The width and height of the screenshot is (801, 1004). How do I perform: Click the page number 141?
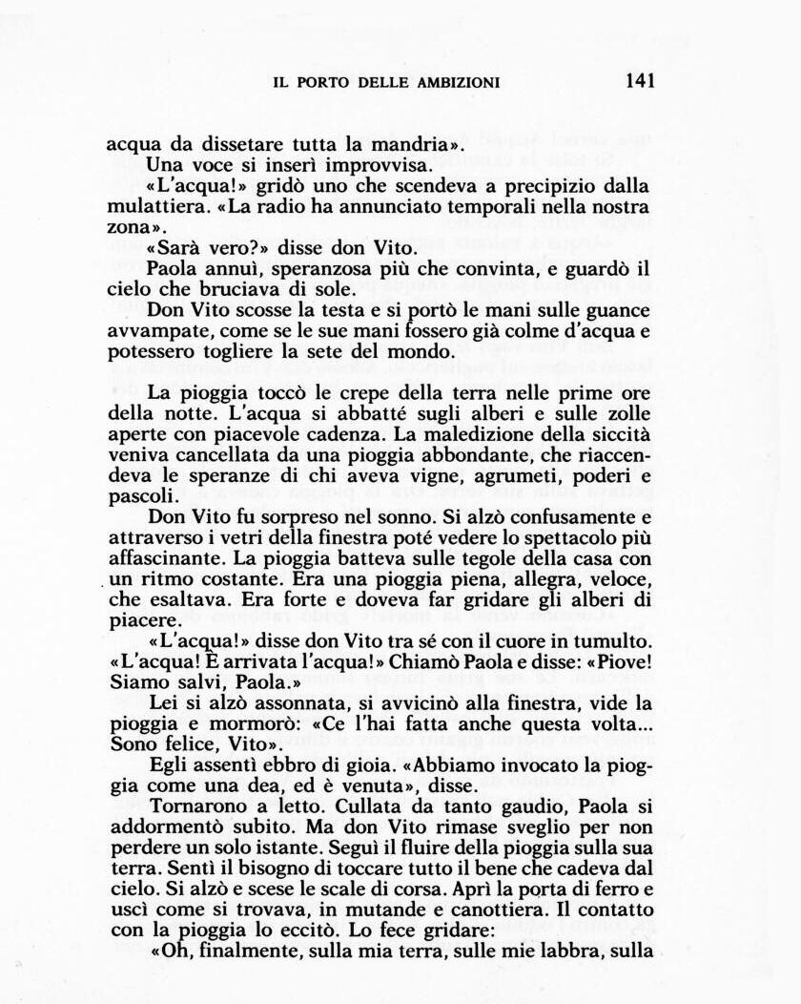click(x=640, y=81)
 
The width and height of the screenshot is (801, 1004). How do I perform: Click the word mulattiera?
click(x=154, y=207)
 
